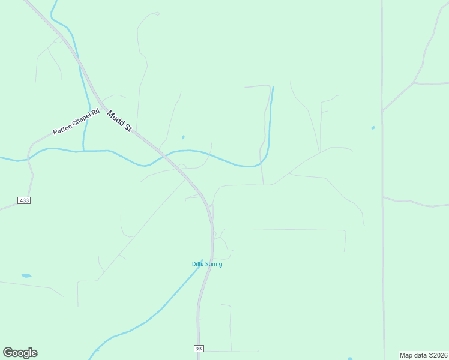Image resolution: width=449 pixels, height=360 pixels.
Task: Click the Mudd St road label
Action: pos(119,121)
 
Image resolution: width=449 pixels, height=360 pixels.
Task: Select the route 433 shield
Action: pos(24,200)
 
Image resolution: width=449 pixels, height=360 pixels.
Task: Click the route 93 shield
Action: pos(199,349)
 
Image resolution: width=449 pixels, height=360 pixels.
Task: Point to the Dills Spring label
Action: pos(207,264)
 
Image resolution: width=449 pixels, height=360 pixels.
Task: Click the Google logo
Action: pos(20,353)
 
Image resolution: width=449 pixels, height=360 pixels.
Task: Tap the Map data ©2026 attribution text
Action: pos(423,355)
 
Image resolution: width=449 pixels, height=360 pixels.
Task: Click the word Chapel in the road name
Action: pos(77,122)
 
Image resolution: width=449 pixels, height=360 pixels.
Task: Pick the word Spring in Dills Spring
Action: pos(214,264)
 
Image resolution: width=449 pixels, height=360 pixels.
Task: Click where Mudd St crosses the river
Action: pos(163,154)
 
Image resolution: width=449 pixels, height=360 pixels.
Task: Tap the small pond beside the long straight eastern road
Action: pos(373,128)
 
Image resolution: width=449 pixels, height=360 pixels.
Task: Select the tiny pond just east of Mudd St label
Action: pos(183,137)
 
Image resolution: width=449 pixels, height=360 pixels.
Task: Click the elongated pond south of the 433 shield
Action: pos(26,276)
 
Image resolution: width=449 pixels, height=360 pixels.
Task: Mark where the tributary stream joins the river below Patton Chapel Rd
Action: pos(83,150)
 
